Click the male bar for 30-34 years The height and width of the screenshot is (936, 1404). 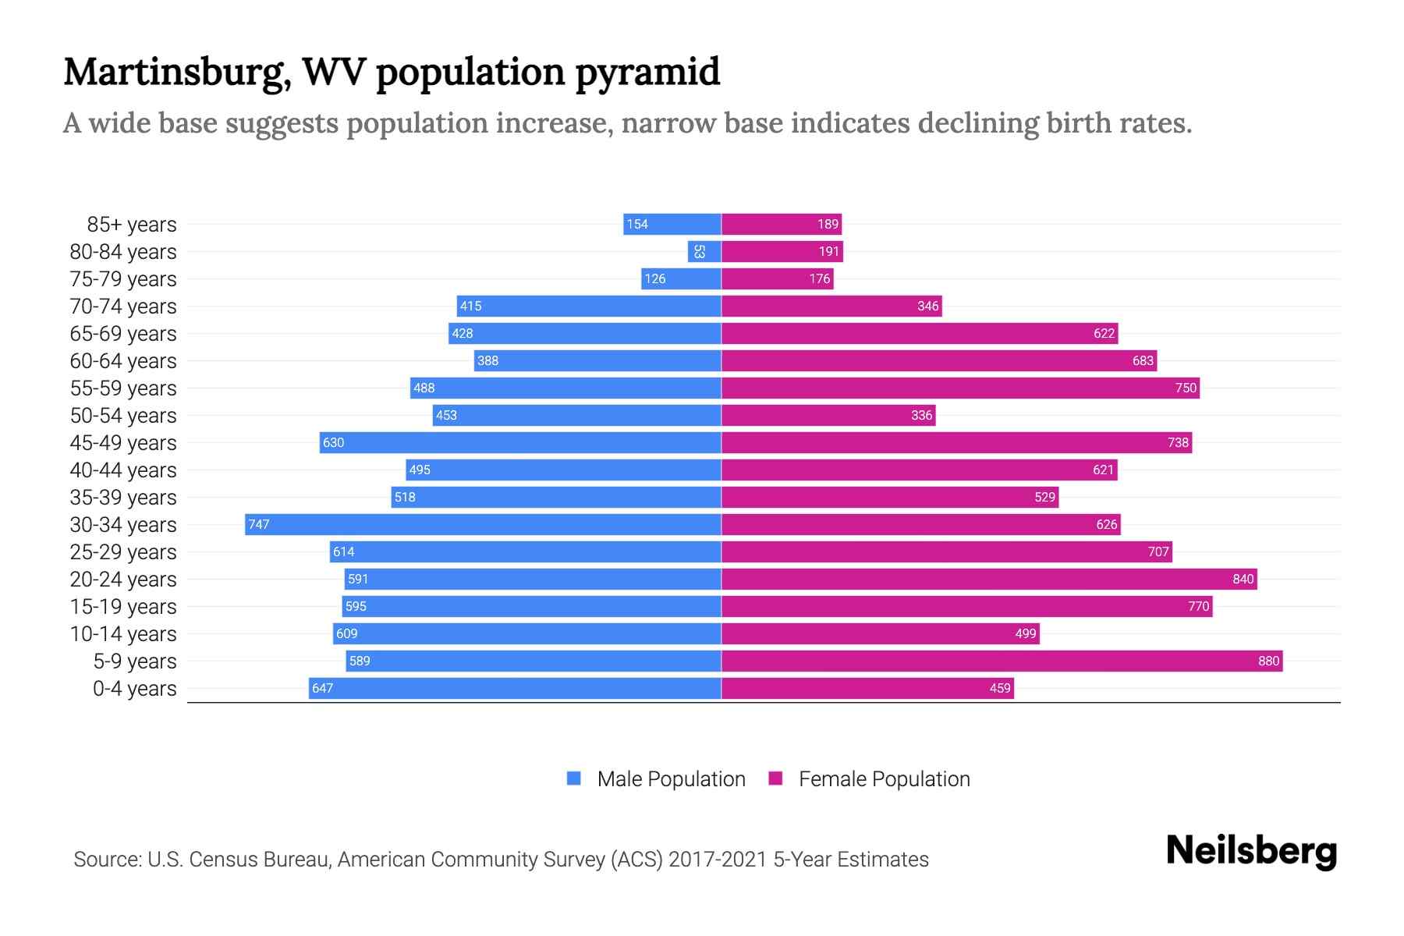pyautogui.click(x=484, y=524)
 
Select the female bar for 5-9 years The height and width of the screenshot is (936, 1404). pyautogui.click(x=1002, y=661)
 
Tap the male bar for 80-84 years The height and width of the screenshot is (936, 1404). pyautogui.click(x=704, y=251)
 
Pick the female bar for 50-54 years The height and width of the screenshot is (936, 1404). pyautogui.click(x=828, y=415)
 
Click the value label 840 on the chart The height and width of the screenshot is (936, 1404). pyautogui.click(x=1243, y=579)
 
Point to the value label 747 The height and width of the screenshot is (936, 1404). pyautogui.click(x=259, y=524)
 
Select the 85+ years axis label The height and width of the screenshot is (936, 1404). pyautogui.click(x=132, y=225)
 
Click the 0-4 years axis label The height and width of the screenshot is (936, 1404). pyautogui.click(x=134, y=689)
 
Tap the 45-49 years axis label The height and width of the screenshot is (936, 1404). pyautogui.click(x=123, y=443)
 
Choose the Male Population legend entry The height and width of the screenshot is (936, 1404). pyautogui.click(x=671, y=778)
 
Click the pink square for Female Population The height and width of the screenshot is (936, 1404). pyautogui.click(x=775, y=778)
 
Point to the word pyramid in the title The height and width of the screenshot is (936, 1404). pyautogui.click(x=647, y=73)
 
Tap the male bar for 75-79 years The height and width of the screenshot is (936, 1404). pyautogui.click(x=681, y=278)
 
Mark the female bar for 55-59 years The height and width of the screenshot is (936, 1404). pyautogui.click(x=960, y=388)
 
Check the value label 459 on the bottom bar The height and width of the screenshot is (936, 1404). pyautogui.click(x=999, y=688)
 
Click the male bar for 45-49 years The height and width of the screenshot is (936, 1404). pyautogui.click(x=520, y=442)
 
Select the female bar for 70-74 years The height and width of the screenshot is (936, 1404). pyautogui.click(x=831, y=306)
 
